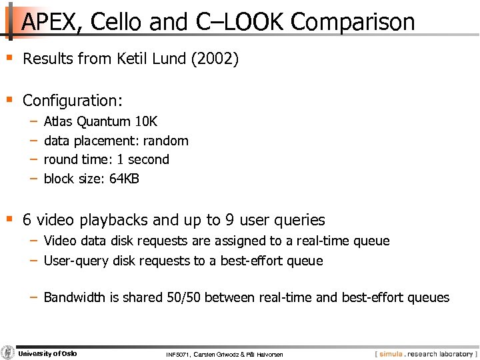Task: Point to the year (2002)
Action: [215, 59]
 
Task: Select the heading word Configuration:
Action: [73, 101]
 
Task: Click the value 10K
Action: [146, 121]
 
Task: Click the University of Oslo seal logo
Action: [8, 353]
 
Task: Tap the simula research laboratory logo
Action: [425, 353]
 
